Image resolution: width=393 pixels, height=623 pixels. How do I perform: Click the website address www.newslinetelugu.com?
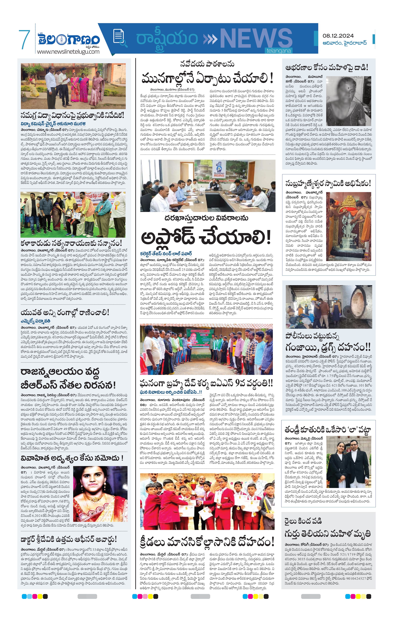68,51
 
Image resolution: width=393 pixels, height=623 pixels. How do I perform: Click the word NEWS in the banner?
256,38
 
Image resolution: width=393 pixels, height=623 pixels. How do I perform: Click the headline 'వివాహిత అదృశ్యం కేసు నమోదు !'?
72,458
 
